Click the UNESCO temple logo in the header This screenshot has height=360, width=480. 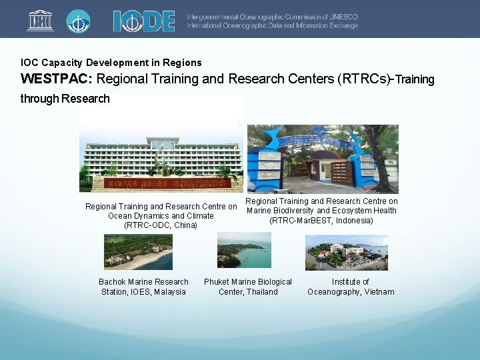click(x=41, y=21)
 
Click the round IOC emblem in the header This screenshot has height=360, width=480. click(x=78, y=21)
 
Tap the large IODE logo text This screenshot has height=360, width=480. click(x=144, y=21)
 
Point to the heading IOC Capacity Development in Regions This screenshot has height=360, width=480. click(x=111, y=63)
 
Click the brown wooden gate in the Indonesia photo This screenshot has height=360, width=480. click(x=342, y=173)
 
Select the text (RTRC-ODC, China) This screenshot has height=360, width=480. click(x=161, y=225)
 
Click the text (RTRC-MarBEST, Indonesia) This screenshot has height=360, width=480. click(x=321, y=220)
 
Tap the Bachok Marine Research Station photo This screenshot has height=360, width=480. click(x=138, y=252)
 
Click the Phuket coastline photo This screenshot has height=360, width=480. click(x=244, y=251)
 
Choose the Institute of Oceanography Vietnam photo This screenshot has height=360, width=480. click(x=347, y=252)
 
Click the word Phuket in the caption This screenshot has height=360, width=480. click(x=217, y=282)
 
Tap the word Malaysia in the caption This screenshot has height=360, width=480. click(x=169, y=292)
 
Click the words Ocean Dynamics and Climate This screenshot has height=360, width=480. click(x=161, y=216)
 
